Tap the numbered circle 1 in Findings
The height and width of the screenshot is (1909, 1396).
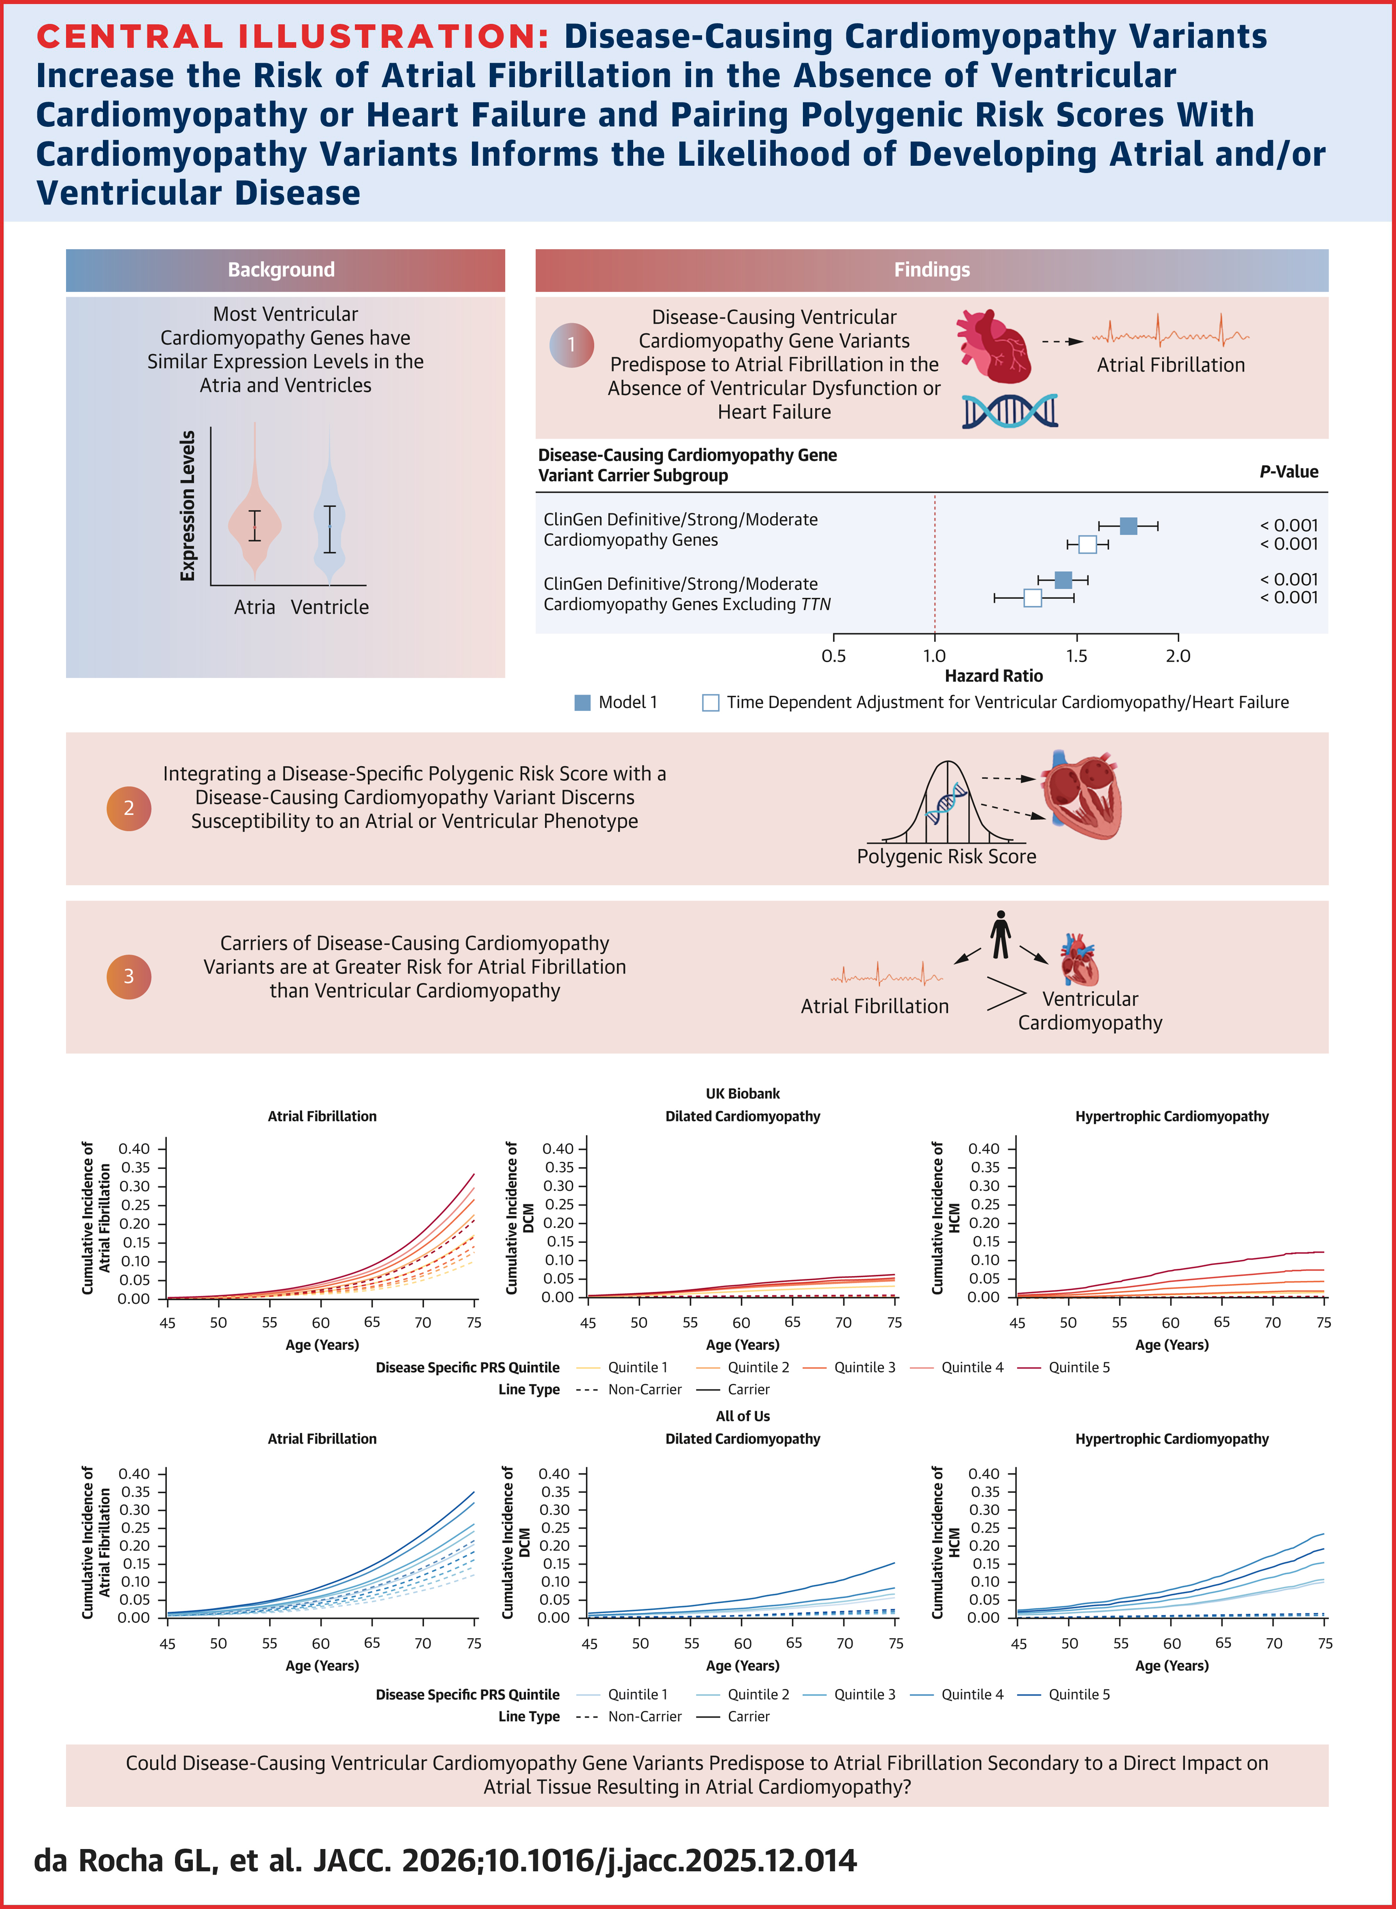571,345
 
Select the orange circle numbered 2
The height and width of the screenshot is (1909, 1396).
128,808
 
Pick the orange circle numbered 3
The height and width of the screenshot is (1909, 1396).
128,976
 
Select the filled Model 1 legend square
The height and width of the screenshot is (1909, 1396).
582,702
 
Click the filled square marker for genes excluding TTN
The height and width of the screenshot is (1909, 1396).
1063,580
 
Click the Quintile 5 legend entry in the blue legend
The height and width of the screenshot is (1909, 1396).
1078,1694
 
